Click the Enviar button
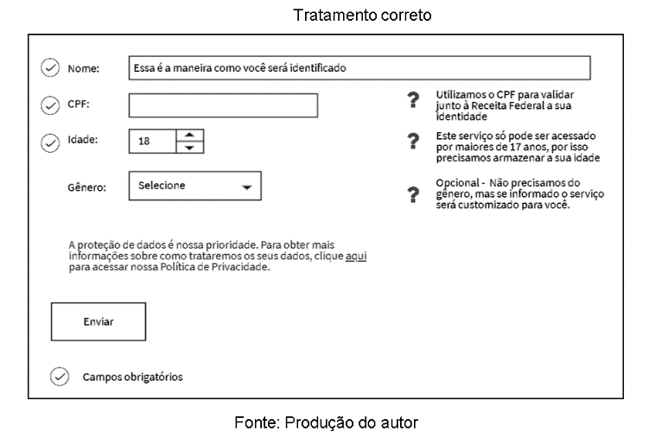pos(98,321)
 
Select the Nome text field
pos(359,67)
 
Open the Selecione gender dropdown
pos(194,186)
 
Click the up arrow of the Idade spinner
pos(189,135)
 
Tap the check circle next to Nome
pos(50,67)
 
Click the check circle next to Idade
pos(50,141)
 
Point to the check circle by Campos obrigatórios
pos(60,377)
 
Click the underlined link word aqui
pos(355,257)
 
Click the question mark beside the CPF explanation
pos(413,100)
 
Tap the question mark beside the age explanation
pos(413,141)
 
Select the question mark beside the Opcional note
pos(413,194)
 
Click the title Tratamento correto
pos(362,16)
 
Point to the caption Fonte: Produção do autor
pos(327,422)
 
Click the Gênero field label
pos(86,187)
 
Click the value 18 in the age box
pos(144,141)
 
